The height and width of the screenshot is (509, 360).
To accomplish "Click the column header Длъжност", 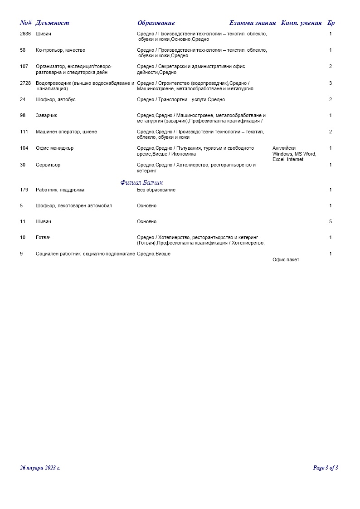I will (x=52, y=23).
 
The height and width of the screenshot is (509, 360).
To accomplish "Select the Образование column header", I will (x=156, y=23).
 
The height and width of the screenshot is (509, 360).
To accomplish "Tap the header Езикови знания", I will (x=253, y=23).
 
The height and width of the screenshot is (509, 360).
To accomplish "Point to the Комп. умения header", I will (x=302, y=23).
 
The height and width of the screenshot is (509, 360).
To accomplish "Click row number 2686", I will (x=25, y=34).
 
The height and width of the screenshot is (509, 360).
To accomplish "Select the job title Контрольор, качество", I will (x=60, y=50).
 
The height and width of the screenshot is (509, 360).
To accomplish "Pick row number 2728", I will (x=25, y=83).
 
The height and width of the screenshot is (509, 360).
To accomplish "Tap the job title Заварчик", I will (x=47, y=116).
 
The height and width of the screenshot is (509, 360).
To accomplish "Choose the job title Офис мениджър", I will (x=54, y=148).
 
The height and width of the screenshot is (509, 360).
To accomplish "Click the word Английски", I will (x=284, y=148).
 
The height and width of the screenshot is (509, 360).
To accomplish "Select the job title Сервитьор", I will (x=48, y=165).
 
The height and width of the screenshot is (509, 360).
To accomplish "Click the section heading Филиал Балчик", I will (x=142, y=183).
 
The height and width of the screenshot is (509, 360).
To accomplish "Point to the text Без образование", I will (x=156, y=190).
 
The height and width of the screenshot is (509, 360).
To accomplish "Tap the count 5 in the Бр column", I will (x=331, y=222).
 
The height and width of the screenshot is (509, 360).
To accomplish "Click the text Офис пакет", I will (x=286, y=260).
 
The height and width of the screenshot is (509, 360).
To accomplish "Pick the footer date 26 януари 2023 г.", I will (x=40, y=468).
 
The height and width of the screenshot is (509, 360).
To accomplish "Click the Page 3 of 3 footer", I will (x=326, y=468).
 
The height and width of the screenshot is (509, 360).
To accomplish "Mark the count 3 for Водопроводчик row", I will (x=331, y=83).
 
